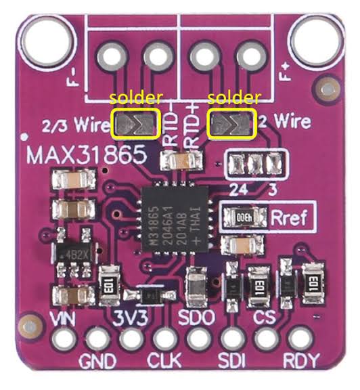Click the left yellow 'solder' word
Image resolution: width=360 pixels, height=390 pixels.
pyautogui.click(x=137, y=99)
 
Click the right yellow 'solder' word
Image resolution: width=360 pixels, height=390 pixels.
pyautogui.click(x=233, y=99)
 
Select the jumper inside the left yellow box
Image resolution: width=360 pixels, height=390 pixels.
pyautogui.click(x=137, y=124)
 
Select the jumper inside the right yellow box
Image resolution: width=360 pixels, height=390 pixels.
pyautogui.click(x=233, y=124)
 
